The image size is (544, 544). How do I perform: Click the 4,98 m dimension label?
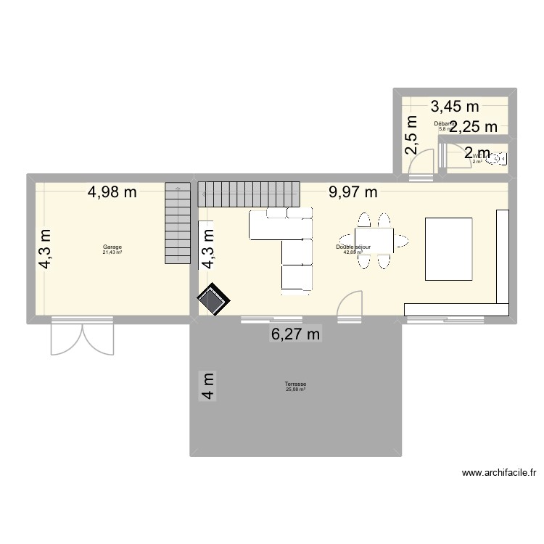click(112, 192)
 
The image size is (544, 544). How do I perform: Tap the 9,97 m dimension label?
click(353, 192)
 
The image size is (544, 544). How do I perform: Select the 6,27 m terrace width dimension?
click(295, 334)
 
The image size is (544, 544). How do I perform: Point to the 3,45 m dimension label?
click(456, 107)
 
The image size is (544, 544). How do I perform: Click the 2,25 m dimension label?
click(472, 126)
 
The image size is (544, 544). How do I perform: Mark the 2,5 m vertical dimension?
click(411, 136)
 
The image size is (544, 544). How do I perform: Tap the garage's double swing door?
click(82, 337)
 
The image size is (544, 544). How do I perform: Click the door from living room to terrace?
click(350, 303)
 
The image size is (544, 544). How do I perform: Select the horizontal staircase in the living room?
click(249, 193)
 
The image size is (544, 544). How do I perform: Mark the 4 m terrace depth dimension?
click(208, 386)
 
